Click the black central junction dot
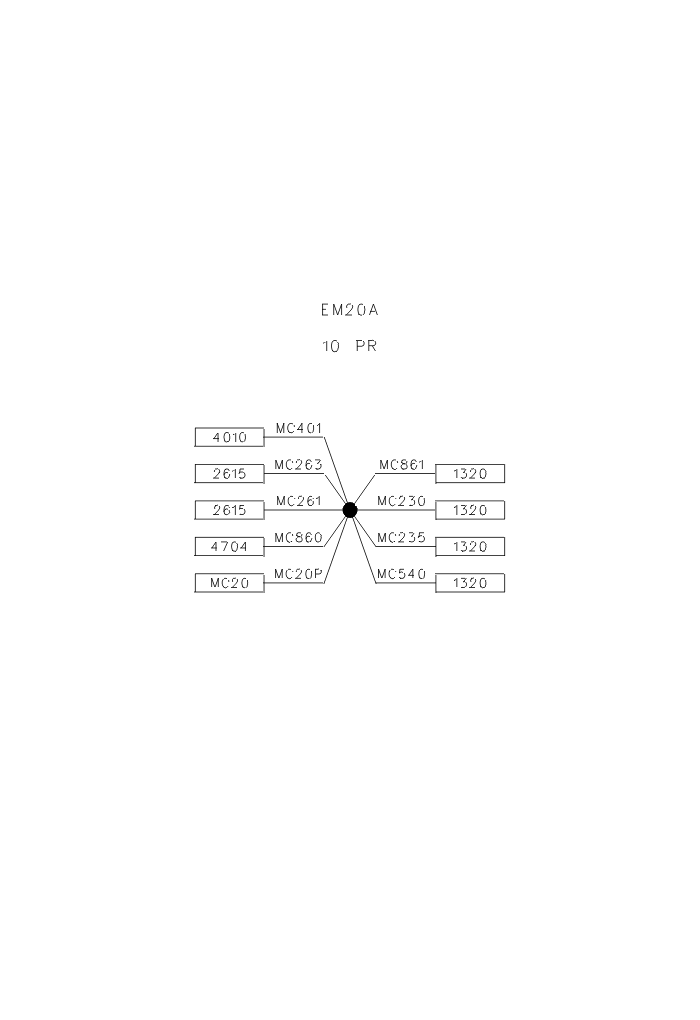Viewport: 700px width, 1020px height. [x=350, y=510]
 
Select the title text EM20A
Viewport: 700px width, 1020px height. [x=350, y=311]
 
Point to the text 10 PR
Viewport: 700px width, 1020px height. [x=350, y=347]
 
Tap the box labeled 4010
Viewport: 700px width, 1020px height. [x=229, y=437]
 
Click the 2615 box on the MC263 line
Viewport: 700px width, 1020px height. [x=229, y=474]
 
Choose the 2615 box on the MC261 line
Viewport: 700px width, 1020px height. [x=229, y=510]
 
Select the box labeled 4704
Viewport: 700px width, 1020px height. [x=229, y=547]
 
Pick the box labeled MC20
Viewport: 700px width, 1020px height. [x=229, y=583]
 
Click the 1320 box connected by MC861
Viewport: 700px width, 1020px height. [x=470, y=474]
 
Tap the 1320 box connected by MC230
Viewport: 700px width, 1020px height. [x=470, y=510]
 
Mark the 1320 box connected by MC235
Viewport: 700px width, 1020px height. [x=470, y=547]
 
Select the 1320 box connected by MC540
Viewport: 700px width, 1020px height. [x=470, y=583]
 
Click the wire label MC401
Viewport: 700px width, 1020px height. [x=299, y=428]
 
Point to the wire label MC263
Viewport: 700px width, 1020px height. [x=299, y=465]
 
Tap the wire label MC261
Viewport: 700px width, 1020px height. [x=299, y=501]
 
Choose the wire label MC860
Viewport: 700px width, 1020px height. [x=299, y=538]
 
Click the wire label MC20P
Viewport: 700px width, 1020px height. [x=299, y=574]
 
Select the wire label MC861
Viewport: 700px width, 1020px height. [x=402, y=465]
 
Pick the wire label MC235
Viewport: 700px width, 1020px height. [x=402, y=538]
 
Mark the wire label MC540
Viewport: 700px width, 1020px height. [x=402, y=574]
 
